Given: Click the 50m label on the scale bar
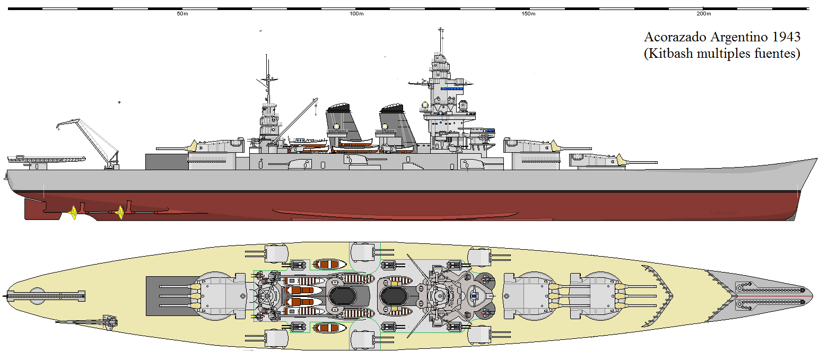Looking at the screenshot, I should point(182,14).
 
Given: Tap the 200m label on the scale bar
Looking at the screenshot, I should point(703,14).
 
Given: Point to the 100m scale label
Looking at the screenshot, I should point(356,14).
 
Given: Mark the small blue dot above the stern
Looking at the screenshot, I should point(119,102).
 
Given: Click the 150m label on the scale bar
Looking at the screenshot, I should point(528,14).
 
